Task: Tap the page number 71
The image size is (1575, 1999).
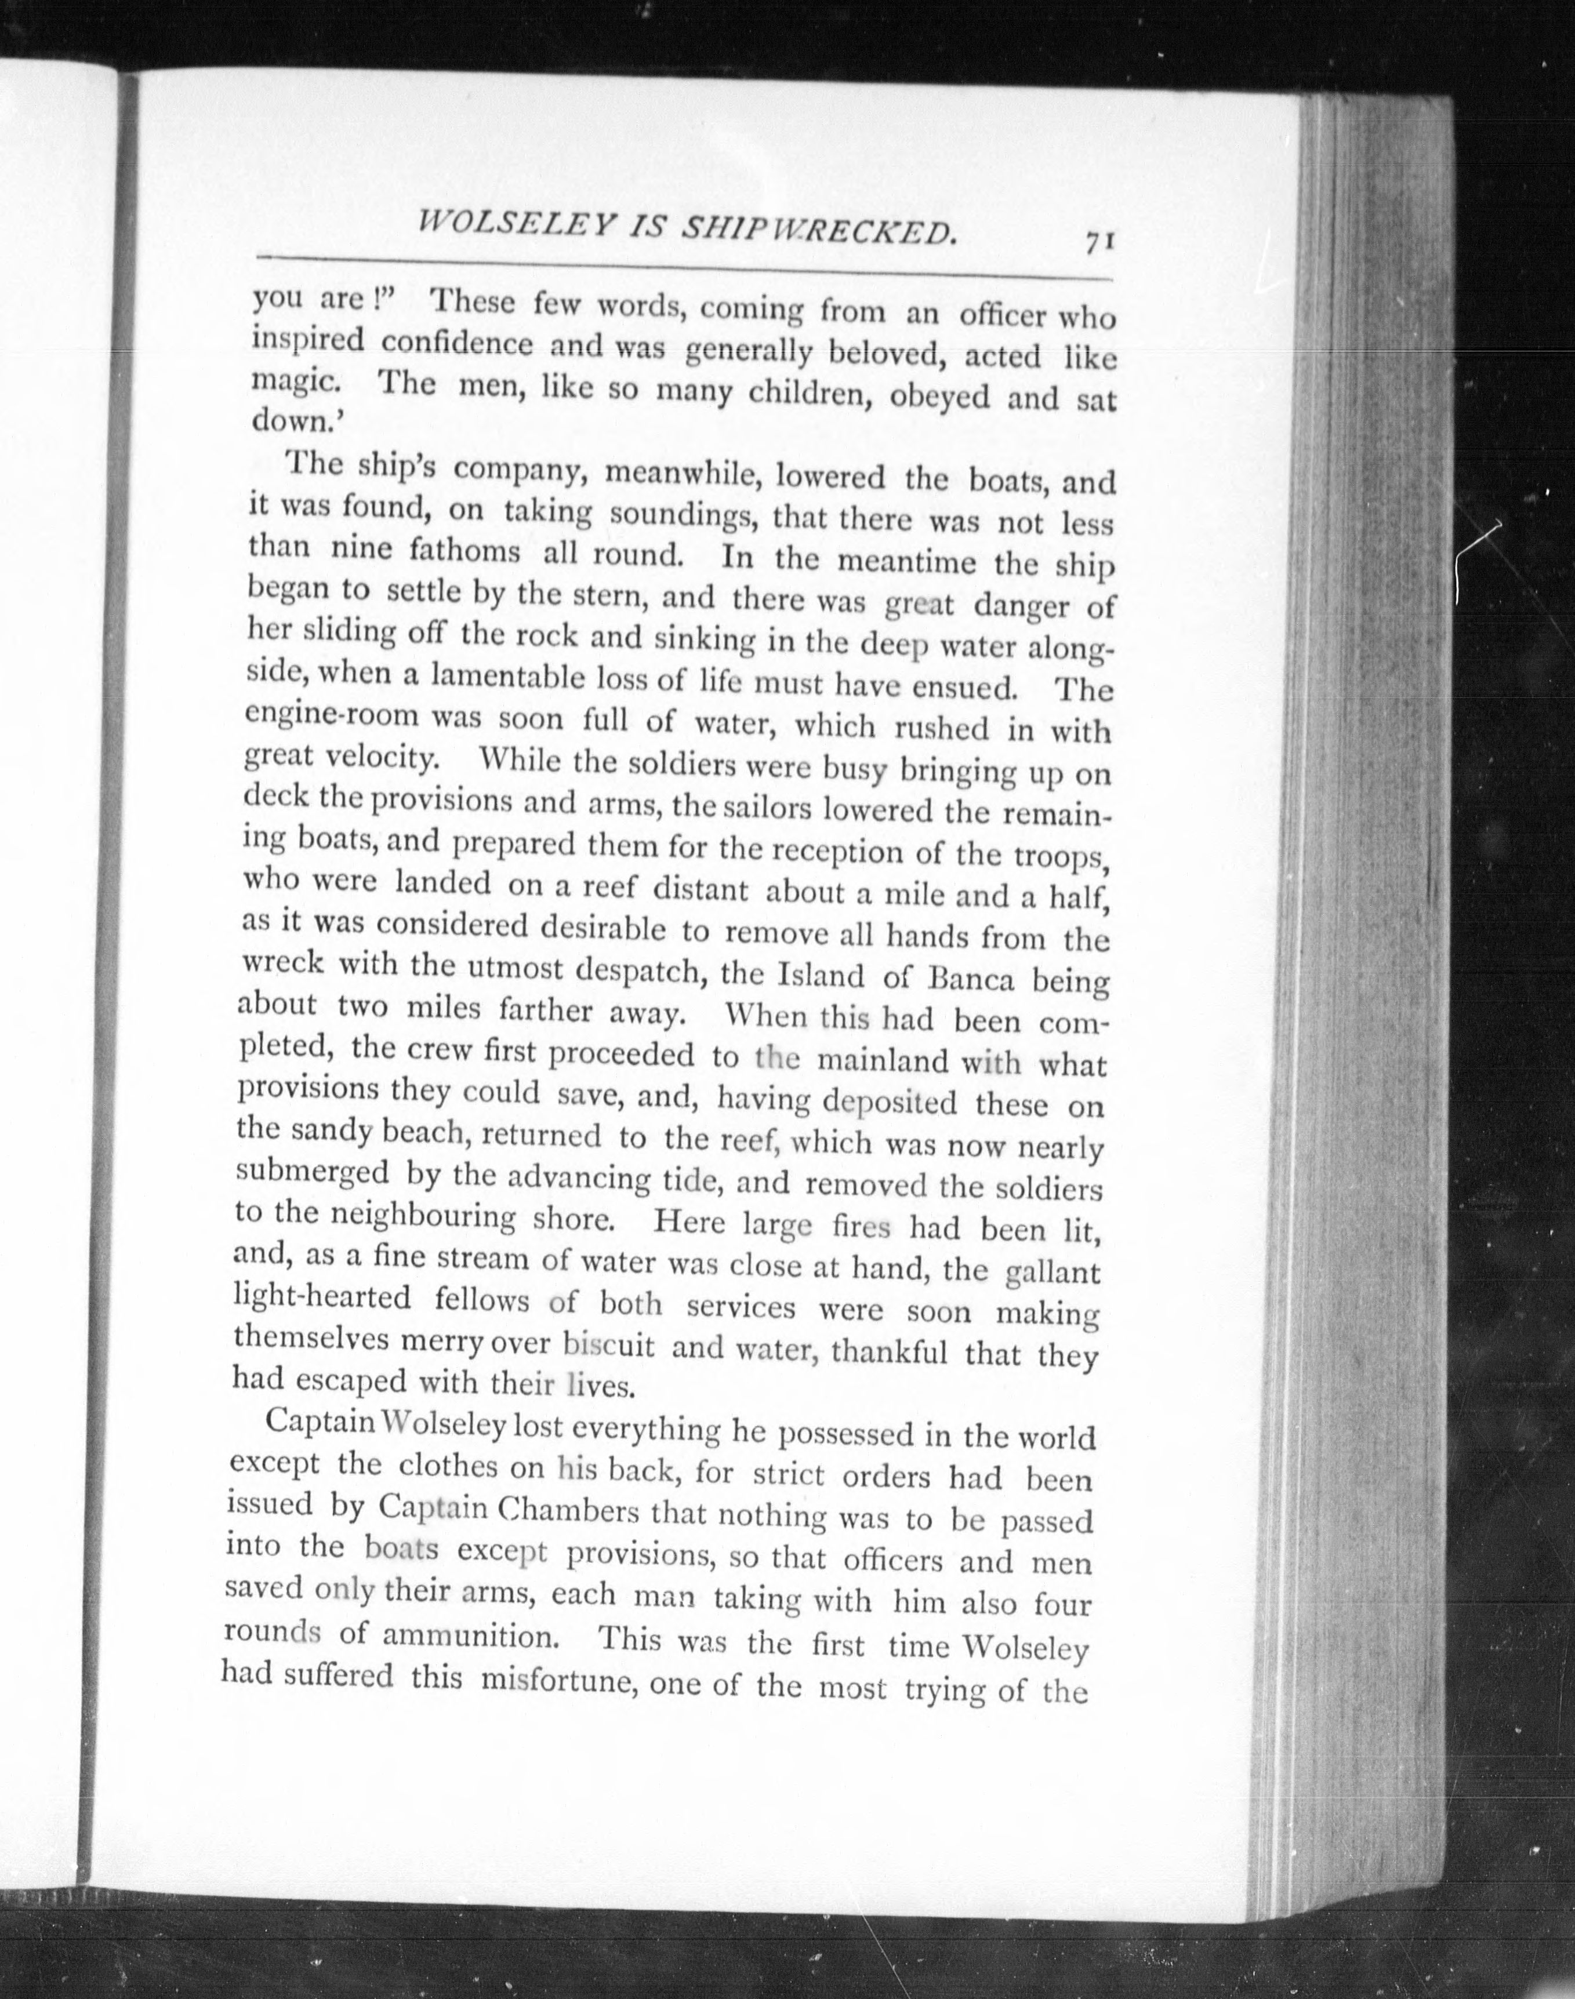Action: coord(1101,240)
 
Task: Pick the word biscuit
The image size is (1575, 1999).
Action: coord(609,1345)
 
